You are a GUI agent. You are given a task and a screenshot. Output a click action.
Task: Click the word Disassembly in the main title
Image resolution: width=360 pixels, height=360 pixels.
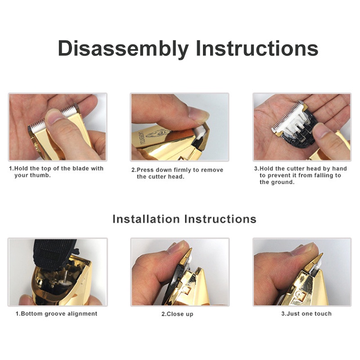click(123, 49)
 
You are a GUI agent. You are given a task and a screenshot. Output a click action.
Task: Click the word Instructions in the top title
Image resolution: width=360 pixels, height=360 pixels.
click(257, 48)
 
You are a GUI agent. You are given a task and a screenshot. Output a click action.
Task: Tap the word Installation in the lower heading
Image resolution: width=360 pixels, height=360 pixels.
click(146, 219)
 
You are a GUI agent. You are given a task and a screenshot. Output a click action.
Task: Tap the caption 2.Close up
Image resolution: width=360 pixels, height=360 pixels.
click(177, 314)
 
